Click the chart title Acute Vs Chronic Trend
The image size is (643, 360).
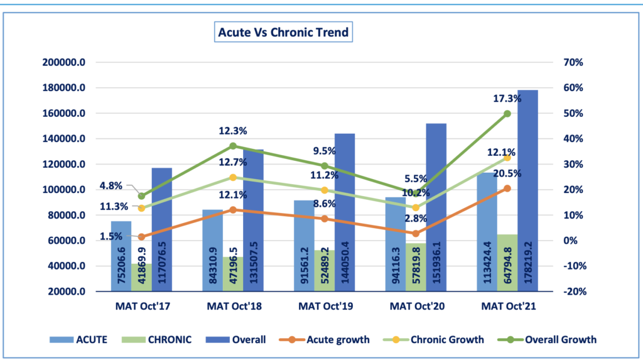point(283,32)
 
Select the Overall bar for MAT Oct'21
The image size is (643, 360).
point(528,188)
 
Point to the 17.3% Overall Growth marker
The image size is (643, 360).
point(507,114)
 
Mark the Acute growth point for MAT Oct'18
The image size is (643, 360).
point(232,210)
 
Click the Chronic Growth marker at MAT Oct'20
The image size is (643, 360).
point(416,207)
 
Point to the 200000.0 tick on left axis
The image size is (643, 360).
point(64,63)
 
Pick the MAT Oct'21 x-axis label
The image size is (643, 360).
point(507,307)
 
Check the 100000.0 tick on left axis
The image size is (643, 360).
point(64,190)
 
